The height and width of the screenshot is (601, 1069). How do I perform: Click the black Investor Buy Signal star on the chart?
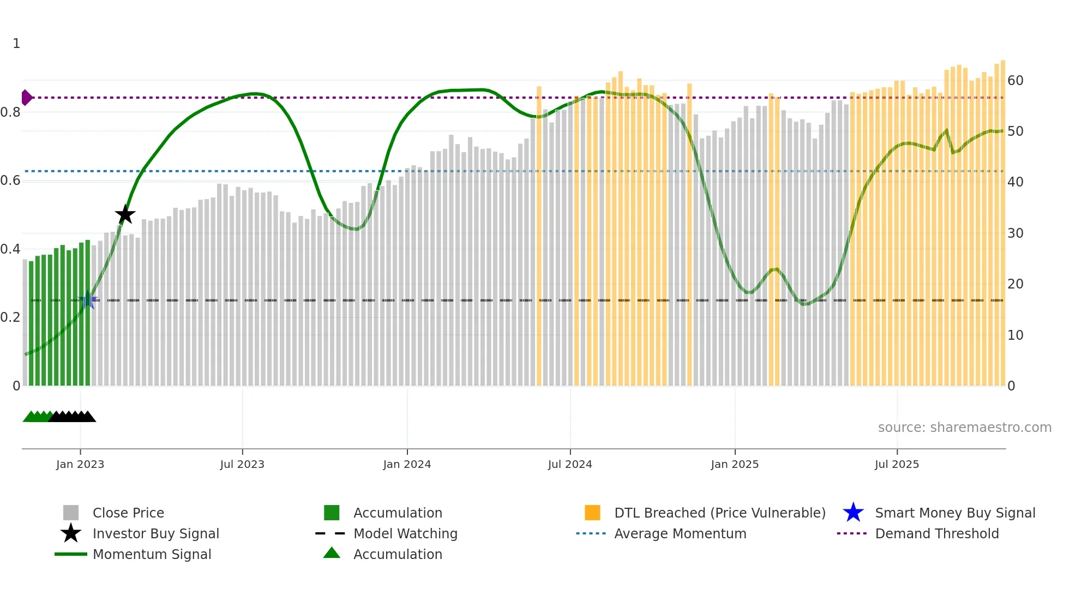coord(125,214)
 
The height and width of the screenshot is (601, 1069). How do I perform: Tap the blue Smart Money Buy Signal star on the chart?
coord(87,299)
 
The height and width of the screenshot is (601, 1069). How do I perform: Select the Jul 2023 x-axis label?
coord(242,464)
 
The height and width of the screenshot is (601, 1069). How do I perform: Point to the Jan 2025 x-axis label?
coord(735,464)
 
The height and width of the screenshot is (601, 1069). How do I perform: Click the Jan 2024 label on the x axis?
coord(407,464)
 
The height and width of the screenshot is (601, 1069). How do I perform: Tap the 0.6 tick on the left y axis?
coord(10,181)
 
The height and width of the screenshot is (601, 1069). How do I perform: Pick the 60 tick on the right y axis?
coord(1015,81)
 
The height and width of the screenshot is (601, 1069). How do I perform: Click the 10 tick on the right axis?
coord(1015,335)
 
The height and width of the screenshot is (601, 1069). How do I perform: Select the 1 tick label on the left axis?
coord(16,44)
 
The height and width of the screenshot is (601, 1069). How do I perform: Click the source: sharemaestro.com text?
coord(964,427)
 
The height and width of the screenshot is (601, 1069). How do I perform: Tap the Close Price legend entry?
coord(128,513)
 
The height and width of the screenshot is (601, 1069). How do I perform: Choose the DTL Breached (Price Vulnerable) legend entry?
coord(719,513)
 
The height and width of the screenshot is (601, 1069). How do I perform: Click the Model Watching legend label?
coord(405,533)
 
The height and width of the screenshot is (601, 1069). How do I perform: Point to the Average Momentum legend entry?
coord(680,533)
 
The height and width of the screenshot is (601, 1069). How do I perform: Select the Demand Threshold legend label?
coord(936,533)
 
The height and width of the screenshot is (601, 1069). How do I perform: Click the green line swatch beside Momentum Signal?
coord(71,554)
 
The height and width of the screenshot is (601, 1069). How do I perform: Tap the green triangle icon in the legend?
coord(332,553)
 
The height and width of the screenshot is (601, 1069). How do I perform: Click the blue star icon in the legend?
coord(853,513)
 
